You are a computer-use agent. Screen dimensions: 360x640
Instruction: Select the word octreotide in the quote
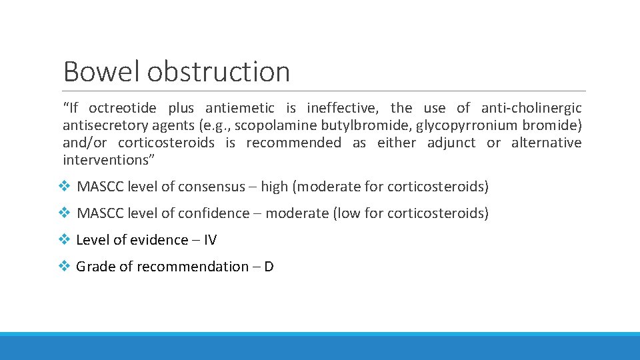[123, 108]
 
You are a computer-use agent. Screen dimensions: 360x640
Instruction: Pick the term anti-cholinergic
[531, 108]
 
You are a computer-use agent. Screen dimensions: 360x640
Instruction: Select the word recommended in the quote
[293, 143]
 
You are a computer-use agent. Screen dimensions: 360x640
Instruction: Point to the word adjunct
[451, 143]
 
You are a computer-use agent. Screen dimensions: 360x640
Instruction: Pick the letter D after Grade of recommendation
[269, 267]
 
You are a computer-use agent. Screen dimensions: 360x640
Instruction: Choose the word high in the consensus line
[274, 187]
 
